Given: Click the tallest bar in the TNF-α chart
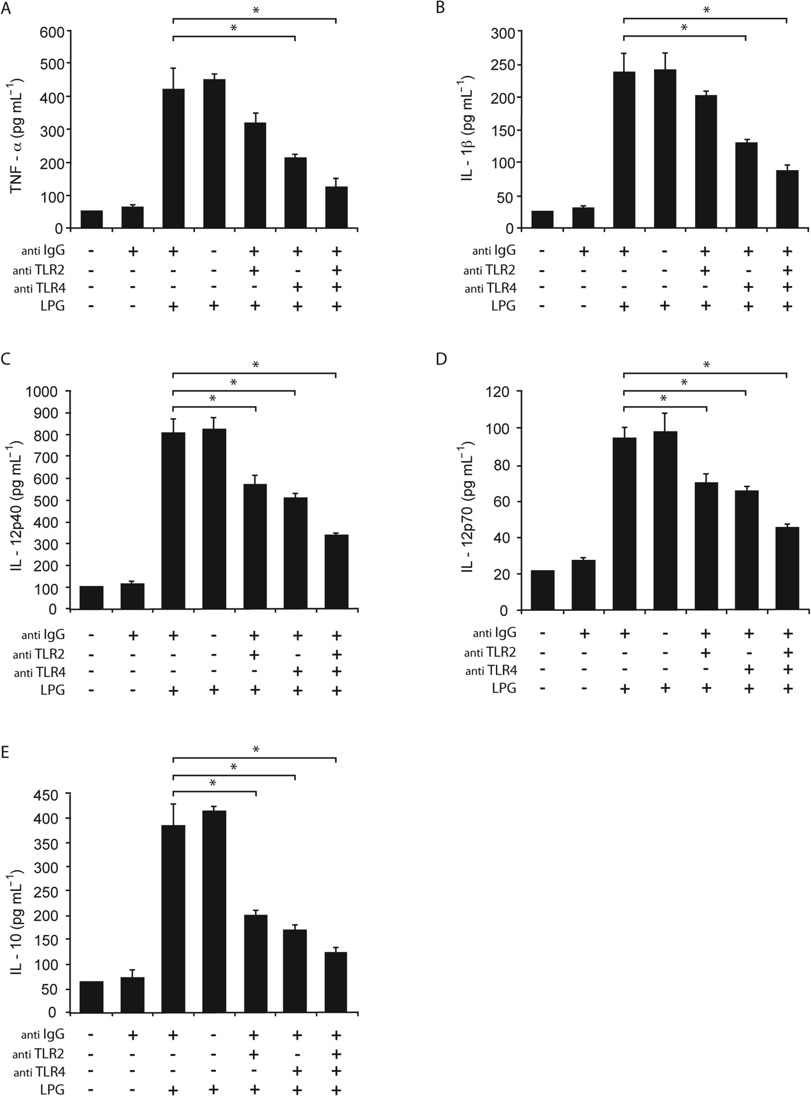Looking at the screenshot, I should tap(214, 153).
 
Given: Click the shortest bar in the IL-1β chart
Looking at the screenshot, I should tap(542, 219).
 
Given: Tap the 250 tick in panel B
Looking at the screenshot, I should tap(502, 65).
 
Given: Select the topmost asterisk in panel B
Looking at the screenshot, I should tap(706, 10).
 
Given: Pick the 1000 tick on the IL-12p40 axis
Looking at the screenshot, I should tap(45, 391).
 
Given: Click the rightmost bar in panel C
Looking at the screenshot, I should tap(337, 571).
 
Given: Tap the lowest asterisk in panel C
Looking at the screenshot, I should tap(213, 399).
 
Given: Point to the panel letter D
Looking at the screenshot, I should tap(441, 359).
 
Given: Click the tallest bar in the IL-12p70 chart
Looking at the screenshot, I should tap(665, 520).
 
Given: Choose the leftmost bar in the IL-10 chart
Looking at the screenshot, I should tap(92, 996).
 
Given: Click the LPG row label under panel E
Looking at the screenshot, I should tap(52, 1090).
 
